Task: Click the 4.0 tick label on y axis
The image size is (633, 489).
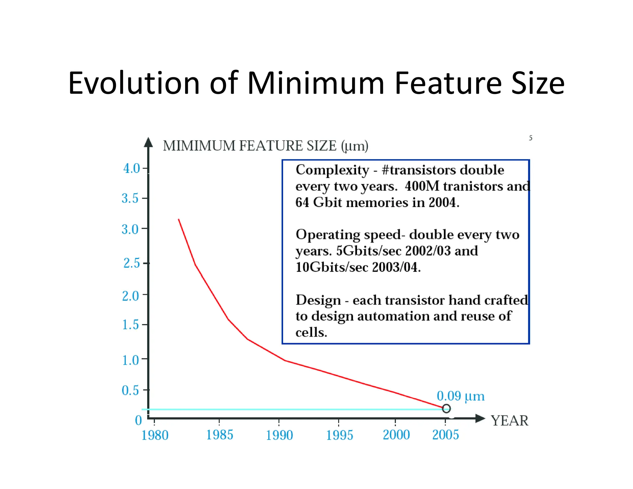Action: pyautogui.click(x=131, y=169)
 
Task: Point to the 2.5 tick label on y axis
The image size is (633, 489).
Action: pyautogui.click(x=131, y=263)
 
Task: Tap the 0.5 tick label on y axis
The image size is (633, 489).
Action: pyautogui.click(x=130, y=390)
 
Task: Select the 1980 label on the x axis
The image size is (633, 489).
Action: pyautogui.click(x=155, y=436)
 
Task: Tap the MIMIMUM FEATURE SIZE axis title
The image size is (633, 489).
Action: pyautogui.click(x=265, y=146)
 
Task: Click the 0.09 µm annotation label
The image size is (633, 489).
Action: pyautogui.click(x=460, y=396)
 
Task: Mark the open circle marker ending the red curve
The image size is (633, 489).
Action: pyautogui.click(x=446, y=409)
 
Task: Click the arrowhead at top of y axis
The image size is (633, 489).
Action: pyautogui.click(x=148, y=142)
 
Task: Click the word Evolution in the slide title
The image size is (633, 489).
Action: pyautogui.click(x=134, y=83)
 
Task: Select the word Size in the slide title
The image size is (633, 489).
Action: pyautogui.click(x=538, y=83)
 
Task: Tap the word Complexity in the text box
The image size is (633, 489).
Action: pyautogui.click(x=332, y=170)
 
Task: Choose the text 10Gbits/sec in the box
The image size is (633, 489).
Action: pyautogui.click(x=332, y=267)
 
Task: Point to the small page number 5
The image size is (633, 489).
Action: pyautogui.click(x=530, y=138)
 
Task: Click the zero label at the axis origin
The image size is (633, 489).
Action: pyautogui.click(x=138, y=420)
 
